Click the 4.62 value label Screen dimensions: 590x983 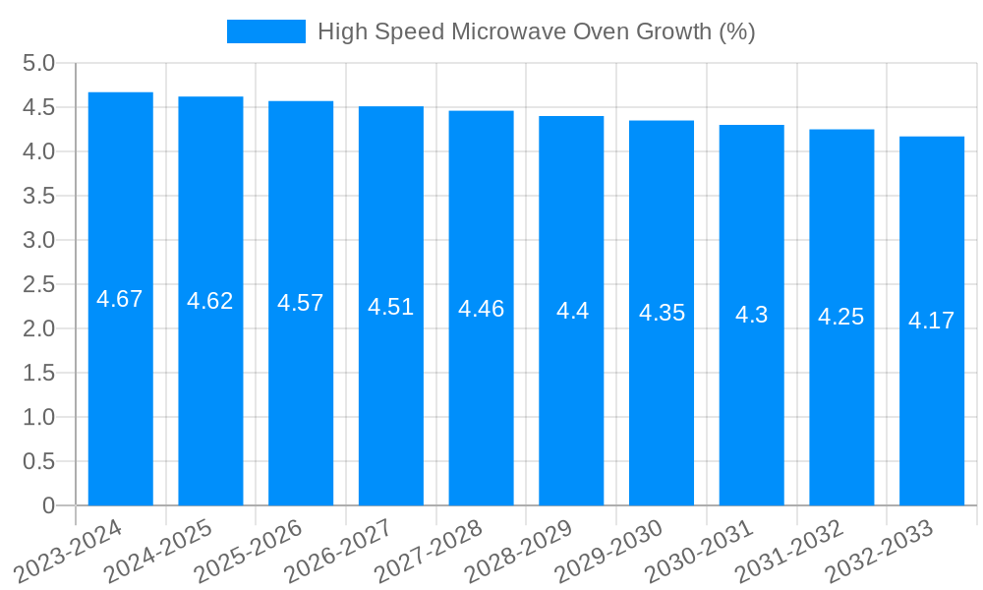[210, 301]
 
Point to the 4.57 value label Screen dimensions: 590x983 [301, 303]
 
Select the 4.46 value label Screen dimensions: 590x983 [482, 309]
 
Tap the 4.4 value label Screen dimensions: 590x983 [572, 311]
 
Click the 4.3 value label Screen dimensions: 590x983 [752, 315]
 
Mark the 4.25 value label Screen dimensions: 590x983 [841, 317]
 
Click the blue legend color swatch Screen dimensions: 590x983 [266, 31]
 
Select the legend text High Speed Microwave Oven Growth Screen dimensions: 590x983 [536, 31]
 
